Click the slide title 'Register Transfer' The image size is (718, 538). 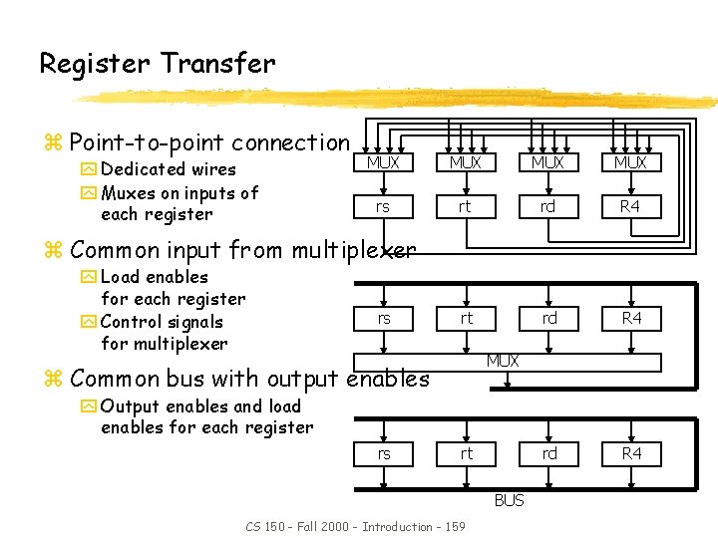(x=157, y=64)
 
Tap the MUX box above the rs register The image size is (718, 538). (x=383, y=162)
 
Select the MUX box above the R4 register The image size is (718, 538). (x=630, y=162)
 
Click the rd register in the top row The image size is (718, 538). (x=547, y=207)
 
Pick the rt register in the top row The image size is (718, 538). (x=465, y=207)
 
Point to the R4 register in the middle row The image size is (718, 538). (x=631, y=318)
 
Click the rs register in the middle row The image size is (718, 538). (x=384, y=318)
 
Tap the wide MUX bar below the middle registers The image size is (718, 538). (x=503, y=361)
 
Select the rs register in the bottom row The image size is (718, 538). (x=384, y=453)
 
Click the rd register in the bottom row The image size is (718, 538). (x=549, y=453)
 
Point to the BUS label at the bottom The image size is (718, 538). (x=509, y=500)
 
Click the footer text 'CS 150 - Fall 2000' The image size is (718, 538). (x=298, y=526)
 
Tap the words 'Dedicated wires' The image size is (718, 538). (x=169, y=169)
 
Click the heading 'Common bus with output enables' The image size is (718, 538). (x=249, y=379)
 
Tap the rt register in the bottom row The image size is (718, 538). (x=466, y=453)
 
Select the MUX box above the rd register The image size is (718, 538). (x=547, y=162)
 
